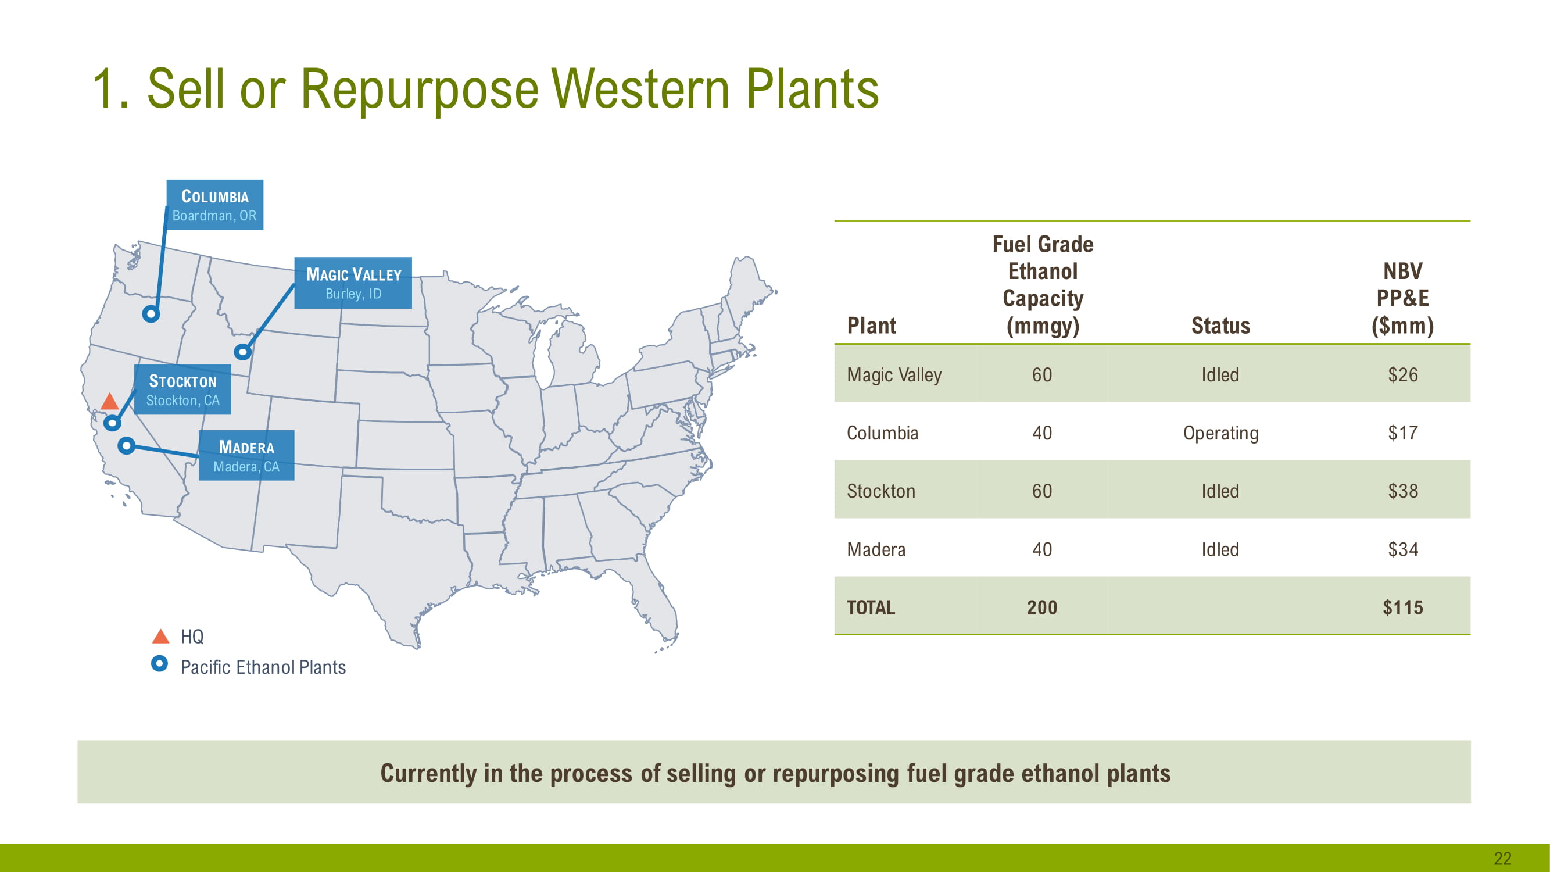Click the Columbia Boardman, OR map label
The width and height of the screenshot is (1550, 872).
point(215,205)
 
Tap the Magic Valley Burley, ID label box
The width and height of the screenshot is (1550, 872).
point(353,283)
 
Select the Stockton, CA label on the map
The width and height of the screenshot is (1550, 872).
point(182,389)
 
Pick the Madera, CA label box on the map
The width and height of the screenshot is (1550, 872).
point(246,456)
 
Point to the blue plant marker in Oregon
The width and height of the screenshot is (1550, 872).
point(151,313)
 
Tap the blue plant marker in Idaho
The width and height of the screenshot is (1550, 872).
point(242,352)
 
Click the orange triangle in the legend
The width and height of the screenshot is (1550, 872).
point(160,636)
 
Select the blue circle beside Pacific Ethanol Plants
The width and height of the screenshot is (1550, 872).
point(159,664)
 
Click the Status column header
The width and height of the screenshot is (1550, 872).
point(1220,326)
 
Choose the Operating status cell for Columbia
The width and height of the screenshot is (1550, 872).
point(1220,433)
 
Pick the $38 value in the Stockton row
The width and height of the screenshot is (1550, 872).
point(1402,491)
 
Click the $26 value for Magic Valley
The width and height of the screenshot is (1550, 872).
point(1402,375)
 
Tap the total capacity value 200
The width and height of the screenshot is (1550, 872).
point(1042,608)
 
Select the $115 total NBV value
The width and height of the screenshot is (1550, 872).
point(1402,608)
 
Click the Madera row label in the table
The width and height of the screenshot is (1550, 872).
point(876,549)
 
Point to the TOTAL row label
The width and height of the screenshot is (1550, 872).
point(871,608)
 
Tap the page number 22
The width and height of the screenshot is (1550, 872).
point(1502,858)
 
